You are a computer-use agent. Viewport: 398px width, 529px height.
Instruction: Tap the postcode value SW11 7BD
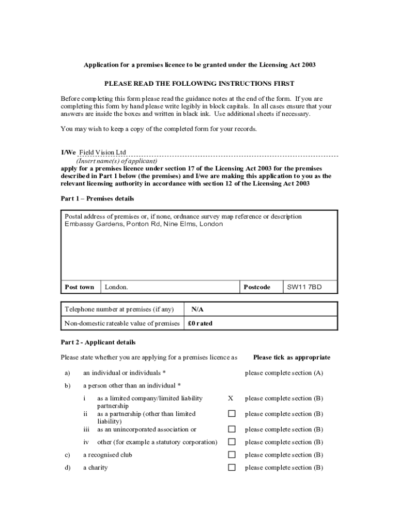click(x=304, y=287)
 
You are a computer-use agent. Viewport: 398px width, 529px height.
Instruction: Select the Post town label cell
click(x=80, y=287)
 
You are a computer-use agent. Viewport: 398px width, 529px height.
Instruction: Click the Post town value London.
click(x=116, y=287)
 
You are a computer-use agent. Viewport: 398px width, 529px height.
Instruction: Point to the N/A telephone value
click(x=197, y=309)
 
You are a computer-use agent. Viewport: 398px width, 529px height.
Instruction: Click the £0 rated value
click(x=200, y=323)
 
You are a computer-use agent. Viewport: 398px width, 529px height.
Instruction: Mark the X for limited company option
click(x=231, y=398)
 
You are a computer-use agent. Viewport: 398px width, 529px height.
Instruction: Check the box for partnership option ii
click(x=232, y=414)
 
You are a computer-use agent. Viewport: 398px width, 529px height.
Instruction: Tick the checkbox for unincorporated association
click(x=232, y=429)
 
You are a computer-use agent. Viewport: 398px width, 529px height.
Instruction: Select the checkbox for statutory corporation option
click(x=232, y=442)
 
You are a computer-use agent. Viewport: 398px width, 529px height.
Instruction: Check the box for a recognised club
click(x=232, y=455)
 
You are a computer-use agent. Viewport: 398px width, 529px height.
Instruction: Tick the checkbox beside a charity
click(x=232, y=468)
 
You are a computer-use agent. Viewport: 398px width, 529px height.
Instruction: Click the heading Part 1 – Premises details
click(x=97, y=199)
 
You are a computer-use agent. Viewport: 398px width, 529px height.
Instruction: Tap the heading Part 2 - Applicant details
click(x=98, y=342)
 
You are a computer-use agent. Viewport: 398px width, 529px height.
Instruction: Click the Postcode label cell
click(x=257, y=287)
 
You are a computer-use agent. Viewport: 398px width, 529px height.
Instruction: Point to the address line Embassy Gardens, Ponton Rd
click(x=144, y=224)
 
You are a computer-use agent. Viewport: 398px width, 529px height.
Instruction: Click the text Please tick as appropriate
click(x=292, y=357)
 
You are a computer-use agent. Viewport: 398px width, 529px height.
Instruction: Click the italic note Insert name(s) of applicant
click(x=117, y=161)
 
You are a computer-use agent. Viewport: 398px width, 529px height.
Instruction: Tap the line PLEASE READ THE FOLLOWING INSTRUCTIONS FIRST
click(x=200, y=83)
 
